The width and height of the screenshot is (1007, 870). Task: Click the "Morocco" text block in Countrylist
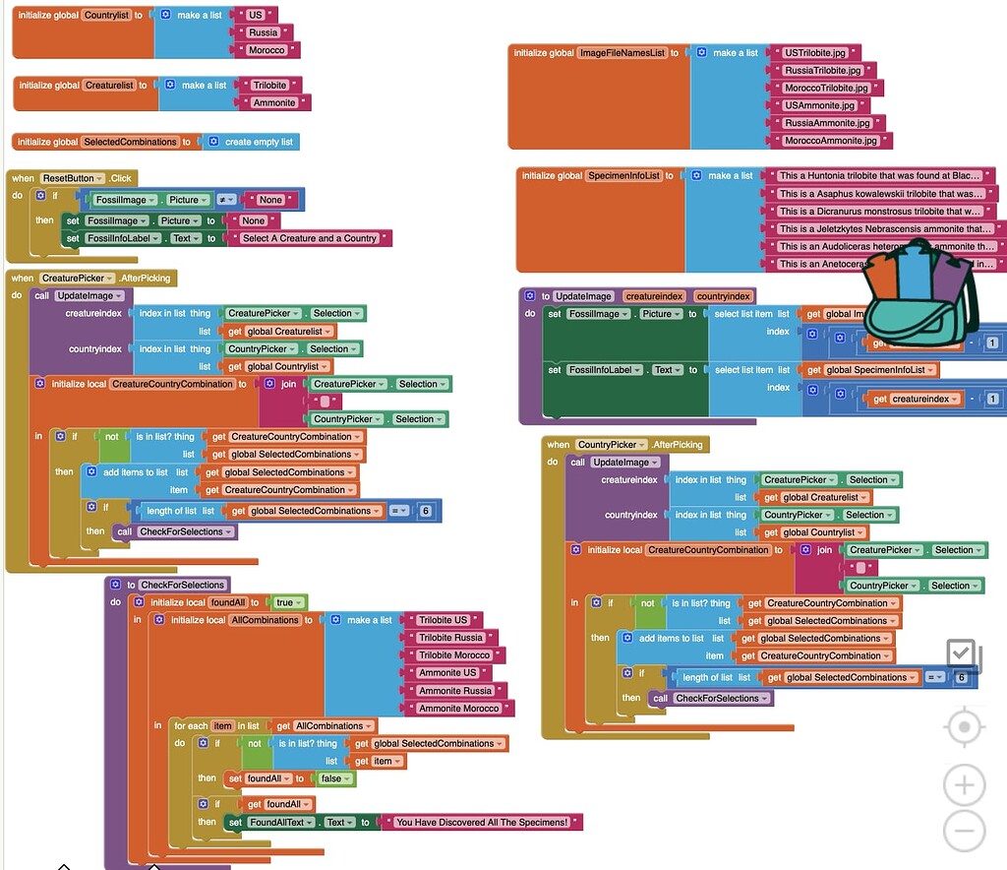(267, 50)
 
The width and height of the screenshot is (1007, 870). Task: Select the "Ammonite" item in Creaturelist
(274, 102)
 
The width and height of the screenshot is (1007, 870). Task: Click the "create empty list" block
(259, 142)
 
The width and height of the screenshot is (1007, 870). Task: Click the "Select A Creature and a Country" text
(309, 238)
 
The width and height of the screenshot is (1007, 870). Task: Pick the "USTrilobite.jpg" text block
(816, 52)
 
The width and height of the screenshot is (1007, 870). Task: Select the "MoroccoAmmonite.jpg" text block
(830, 141)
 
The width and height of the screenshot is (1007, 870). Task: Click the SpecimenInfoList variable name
(623, 175)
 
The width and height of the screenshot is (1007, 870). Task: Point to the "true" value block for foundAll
(285, 602)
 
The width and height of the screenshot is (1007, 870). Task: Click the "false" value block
(331, 778)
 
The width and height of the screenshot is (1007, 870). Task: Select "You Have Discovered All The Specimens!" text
(482, 822)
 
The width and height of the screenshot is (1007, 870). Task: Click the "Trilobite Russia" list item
(450, 638)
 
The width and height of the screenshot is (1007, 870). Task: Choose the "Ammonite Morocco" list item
(458, 709)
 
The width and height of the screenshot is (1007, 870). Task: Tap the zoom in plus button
(964, 785)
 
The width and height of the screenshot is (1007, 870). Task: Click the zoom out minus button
(964, 831)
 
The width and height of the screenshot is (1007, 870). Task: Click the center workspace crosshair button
(964, 727)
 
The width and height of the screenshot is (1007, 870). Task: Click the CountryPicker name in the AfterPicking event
(610, 445)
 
